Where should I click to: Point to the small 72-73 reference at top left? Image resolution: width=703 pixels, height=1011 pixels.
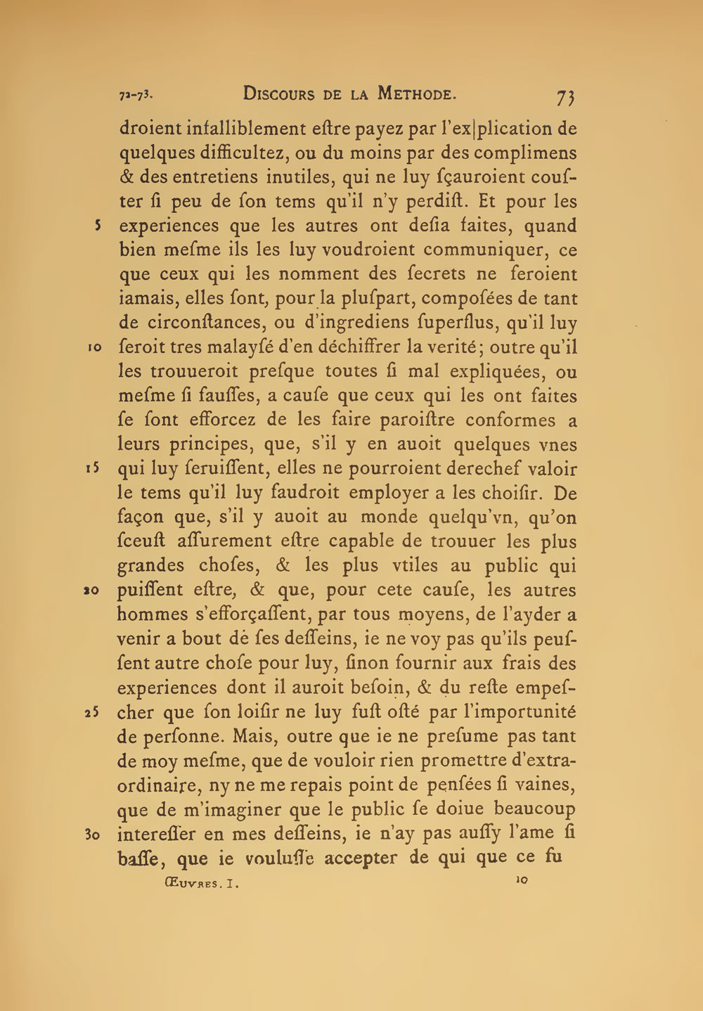[136, 94]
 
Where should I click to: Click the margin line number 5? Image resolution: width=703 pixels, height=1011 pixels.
[99, 226]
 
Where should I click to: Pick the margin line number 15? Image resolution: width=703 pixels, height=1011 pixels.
[96, 469]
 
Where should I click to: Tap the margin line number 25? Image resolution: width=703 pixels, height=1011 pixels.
[96, 713]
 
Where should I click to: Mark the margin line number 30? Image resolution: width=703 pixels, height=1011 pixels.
[95, 835]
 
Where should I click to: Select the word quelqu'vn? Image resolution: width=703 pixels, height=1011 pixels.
[467, 517]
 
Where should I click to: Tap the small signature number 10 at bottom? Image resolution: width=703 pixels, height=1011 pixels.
[521, 880]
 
